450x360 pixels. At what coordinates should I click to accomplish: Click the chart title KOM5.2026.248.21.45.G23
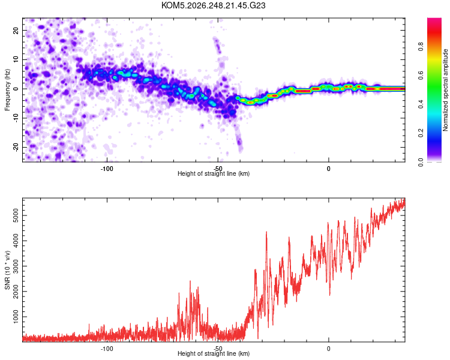point(213,5)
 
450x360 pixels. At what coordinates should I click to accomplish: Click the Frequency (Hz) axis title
point(7,90)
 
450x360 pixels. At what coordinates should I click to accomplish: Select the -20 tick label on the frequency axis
point(16,148)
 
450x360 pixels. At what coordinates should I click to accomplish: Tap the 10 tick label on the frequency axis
point(16,59)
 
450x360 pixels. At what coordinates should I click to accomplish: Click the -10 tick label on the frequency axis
point(16,118)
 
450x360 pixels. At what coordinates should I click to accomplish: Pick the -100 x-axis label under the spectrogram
point(107,169)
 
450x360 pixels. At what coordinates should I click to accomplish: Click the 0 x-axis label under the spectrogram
point(329,169)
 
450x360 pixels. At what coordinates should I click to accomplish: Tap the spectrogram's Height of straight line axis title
point(214,173)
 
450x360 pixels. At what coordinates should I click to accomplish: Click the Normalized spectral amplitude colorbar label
point(445,90)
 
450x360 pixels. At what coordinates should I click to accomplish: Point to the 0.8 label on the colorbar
point(421,47)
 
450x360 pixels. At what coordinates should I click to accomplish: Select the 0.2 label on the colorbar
point(421,133)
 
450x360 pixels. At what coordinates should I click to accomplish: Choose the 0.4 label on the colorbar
point(421,104)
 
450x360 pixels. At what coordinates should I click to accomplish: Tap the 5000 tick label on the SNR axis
point(16,215)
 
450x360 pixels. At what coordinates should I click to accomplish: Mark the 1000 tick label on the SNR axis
point(16,317)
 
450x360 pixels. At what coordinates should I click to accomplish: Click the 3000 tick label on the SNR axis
point(16,266)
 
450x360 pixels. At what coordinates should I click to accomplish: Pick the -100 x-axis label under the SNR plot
point(107,349)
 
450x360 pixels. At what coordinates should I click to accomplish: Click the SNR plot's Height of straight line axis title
point(214,353)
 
